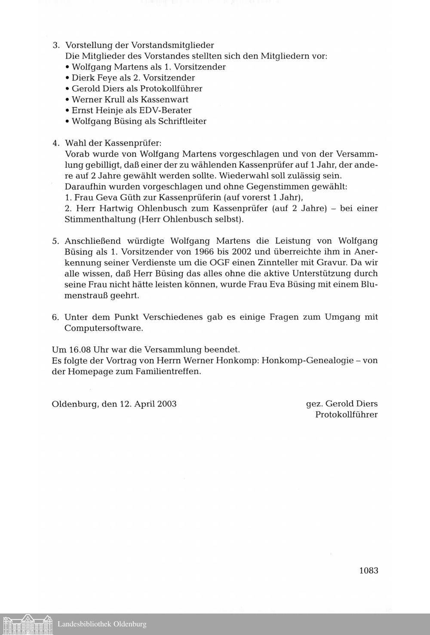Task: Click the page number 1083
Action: point(368,571)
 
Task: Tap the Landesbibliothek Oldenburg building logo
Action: point(28,624)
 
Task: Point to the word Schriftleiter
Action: point(182,121)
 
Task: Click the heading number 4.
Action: point(55,143)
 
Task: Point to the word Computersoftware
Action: point(103,328)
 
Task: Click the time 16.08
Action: point(80,349)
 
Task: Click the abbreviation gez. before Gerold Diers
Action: point(314,404)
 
